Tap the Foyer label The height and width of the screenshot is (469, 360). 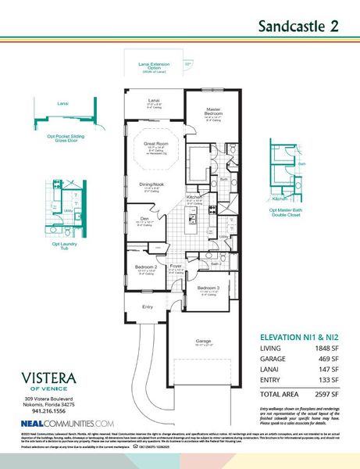click(176, 266)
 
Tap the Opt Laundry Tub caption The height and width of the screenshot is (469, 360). click(65, 246)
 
